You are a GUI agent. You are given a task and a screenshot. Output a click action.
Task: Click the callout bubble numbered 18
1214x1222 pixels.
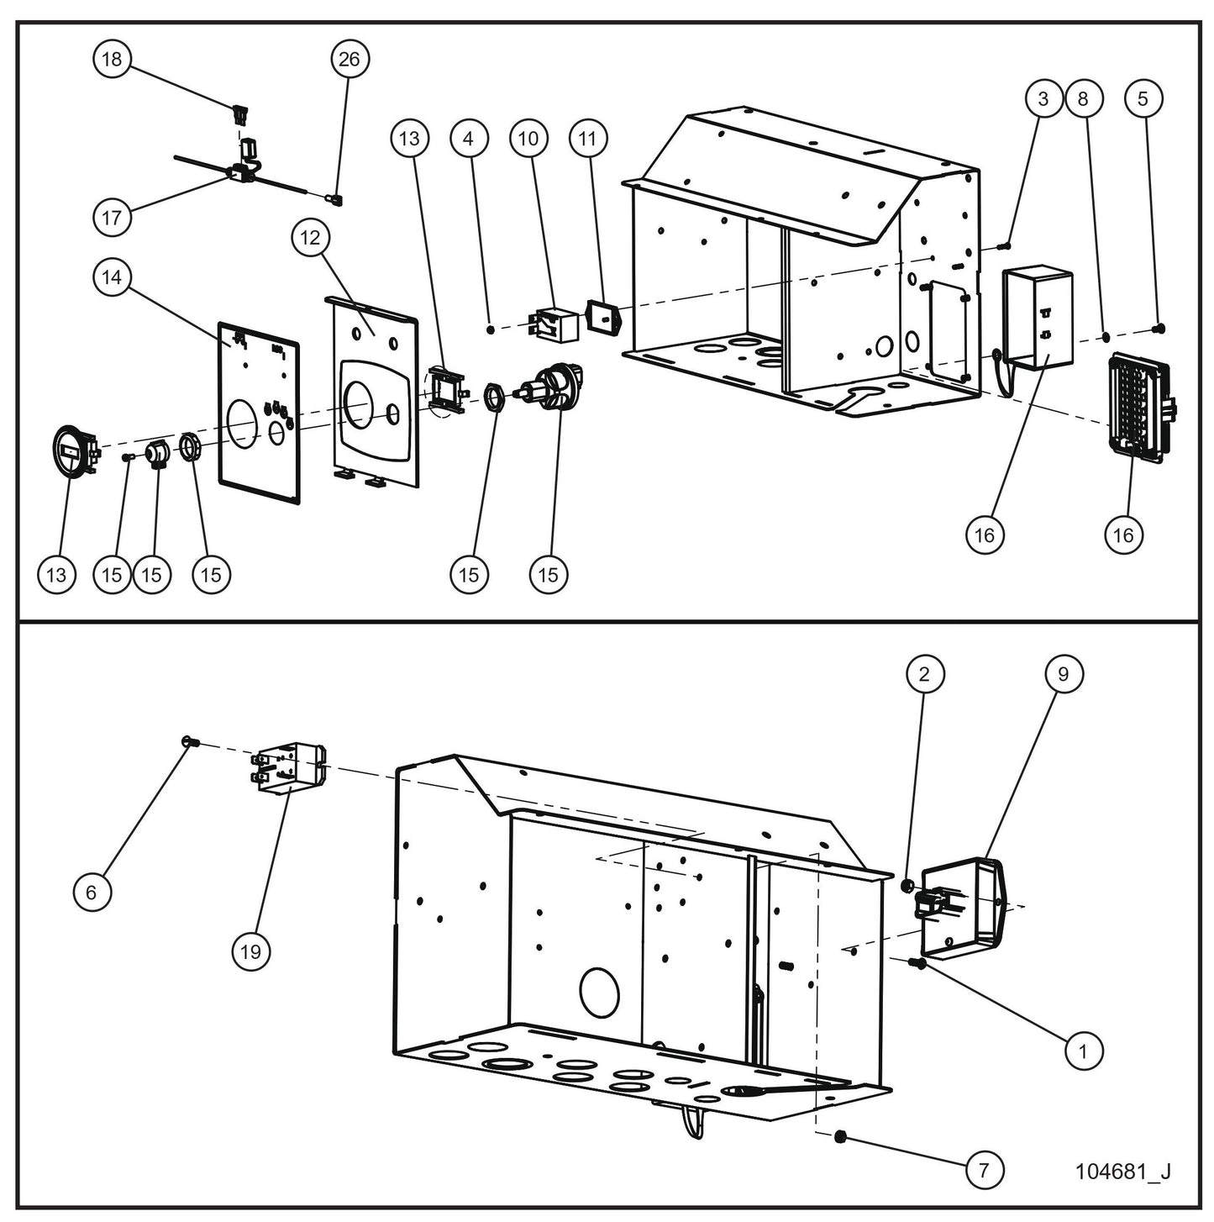click(x=112, y=59)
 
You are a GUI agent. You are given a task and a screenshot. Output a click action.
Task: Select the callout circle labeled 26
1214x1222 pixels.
click(x=349, y=59)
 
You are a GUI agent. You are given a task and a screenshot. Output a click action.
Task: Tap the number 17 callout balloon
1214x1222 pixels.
click(x=112, y=218)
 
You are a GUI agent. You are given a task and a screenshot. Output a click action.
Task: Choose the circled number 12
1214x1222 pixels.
click(x=310, y=238)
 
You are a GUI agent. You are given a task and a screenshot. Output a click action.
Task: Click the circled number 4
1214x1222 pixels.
click(x=469, y=138)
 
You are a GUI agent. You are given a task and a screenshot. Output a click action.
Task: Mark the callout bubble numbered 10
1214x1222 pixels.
click(x=528, y=138)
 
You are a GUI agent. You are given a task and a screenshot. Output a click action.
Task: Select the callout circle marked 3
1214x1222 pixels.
click(x=1043, y=98)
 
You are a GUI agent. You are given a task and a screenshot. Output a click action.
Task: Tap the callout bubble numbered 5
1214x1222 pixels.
click(x=1142, y=98)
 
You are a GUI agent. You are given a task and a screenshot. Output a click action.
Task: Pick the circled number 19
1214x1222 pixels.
click(x=250, y=951)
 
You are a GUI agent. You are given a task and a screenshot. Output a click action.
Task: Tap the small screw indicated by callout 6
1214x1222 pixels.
click(x=188, y=741)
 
